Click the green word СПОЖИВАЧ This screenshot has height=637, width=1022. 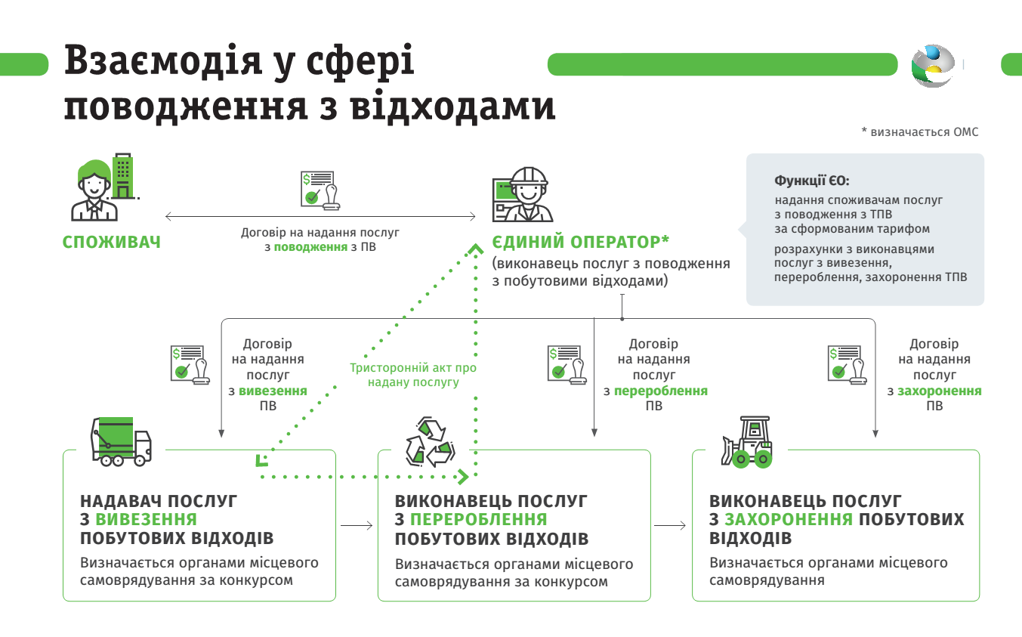111,243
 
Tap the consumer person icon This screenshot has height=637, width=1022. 95,191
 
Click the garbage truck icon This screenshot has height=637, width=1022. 121,441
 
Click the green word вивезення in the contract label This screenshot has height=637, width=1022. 273,391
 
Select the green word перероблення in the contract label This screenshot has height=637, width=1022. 660,391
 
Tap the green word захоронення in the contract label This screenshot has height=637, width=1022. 939,391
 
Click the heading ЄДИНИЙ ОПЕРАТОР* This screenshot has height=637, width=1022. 581,243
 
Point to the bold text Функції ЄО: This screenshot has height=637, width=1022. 811,181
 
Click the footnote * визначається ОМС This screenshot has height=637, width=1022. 919,132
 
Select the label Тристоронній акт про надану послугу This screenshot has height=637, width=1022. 413,375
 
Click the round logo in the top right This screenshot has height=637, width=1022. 933,66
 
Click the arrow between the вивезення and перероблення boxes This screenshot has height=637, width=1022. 357,525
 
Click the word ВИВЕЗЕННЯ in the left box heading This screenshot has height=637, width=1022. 146,520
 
